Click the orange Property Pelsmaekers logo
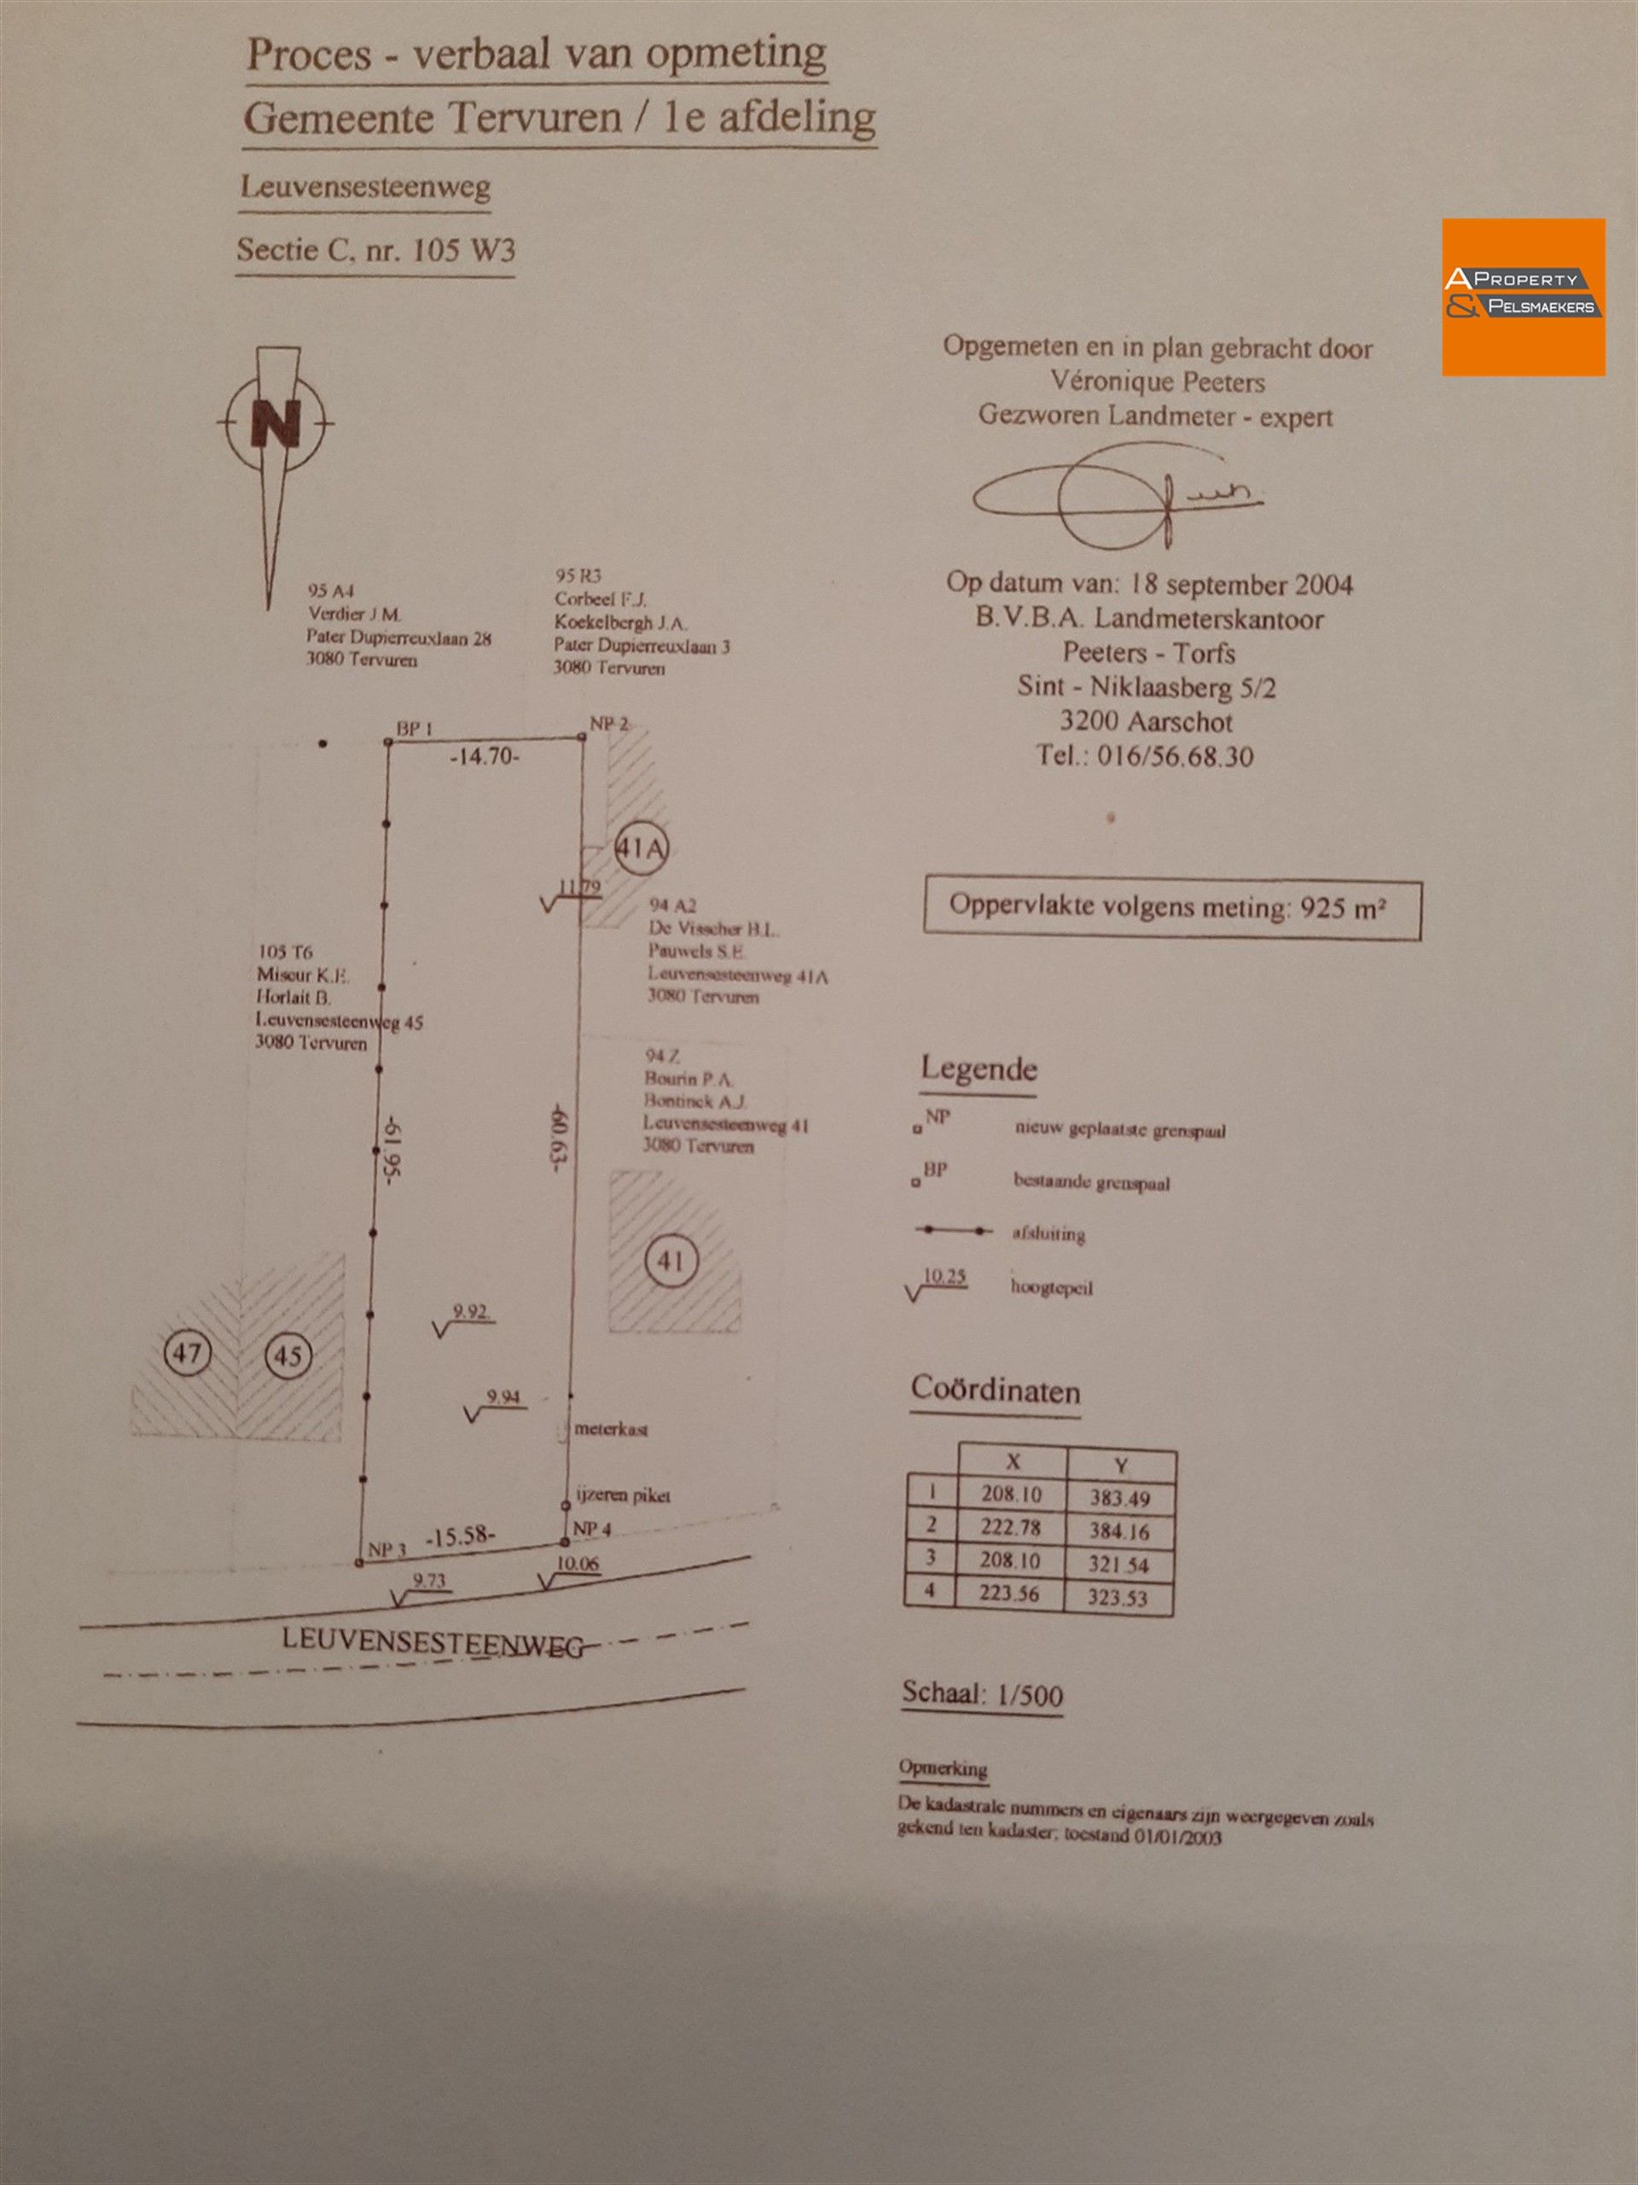pos(1523,296)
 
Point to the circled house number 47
pos(187,1351)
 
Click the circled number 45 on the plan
pos(288,1355)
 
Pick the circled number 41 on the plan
pos(671,1261)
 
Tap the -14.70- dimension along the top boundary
pos(484,759)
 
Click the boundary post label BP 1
pos(415,729)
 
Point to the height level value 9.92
pos(470,1312)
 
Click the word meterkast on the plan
pos(611,1428)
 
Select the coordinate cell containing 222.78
pos(1011,1526)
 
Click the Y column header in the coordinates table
pos(1121,1465)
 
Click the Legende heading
pos(979,1068)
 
